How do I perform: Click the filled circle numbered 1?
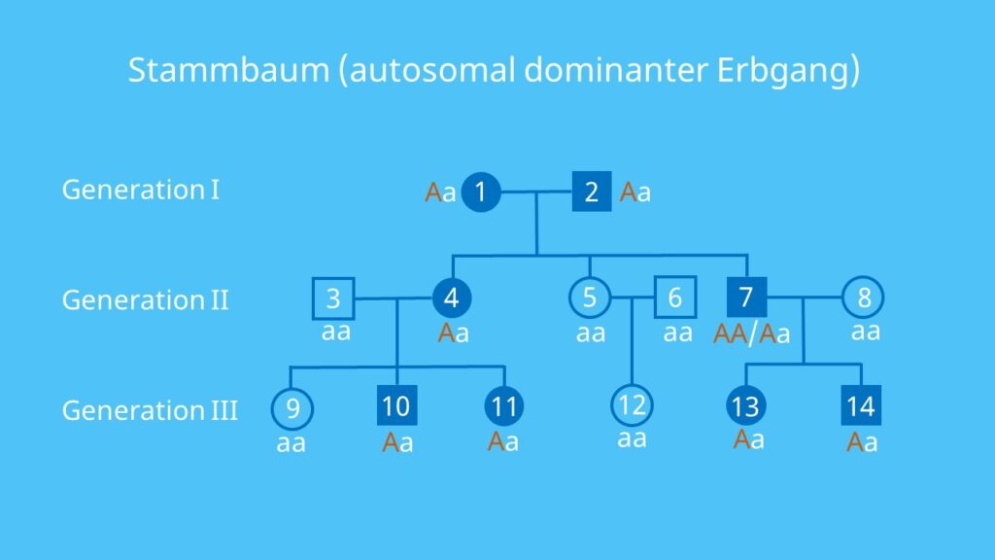(x=481, y=192)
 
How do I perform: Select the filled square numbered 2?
(x=592, y=192)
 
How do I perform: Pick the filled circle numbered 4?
(x=452, y=297)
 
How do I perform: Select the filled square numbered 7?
(x=746, y=297)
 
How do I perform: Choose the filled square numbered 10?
(x=396, y=405)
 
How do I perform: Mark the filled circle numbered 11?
(x=504, y=406)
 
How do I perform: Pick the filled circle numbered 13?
(x=745, y=405)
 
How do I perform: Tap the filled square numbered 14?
(x=861, y=405)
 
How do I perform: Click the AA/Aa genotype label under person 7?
(x=752, y=334)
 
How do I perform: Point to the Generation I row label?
(x=141, y=190)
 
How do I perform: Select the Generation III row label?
(x=150, y=410)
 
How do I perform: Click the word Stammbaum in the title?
(x=228, y=69)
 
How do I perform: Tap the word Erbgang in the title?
(x=783, y=71)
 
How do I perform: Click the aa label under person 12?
(x=632, y=438)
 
